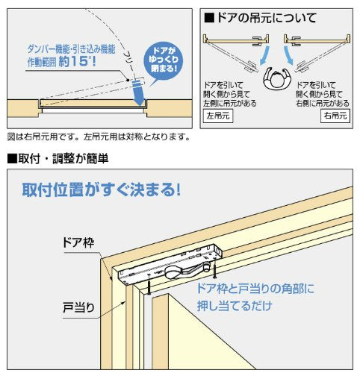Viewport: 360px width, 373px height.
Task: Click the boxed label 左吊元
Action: [x=218, y=116]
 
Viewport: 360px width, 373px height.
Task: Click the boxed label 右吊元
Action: [x=335, y=116]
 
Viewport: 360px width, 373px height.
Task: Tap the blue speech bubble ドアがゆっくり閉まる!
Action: [x=164, y=60]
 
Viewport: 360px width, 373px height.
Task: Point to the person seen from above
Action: [x=277, y=78]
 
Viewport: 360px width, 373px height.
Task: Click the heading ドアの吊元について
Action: [x=260, y=18]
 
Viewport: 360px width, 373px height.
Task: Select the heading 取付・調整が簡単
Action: [x=58, y=158]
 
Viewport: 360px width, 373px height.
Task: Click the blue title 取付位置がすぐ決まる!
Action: [x=101, y=190]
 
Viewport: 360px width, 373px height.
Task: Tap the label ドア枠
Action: [x=78, y=242]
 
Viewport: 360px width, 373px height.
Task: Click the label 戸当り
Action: [x=78, y=307]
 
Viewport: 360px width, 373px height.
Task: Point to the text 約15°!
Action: [x=78, y=62]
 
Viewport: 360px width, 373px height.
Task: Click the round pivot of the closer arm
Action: [x=172, y=272]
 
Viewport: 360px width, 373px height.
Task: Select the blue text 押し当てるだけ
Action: [x=235, y=305]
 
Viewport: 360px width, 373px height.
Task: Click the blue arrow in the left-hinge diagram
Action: [x=264, y=55]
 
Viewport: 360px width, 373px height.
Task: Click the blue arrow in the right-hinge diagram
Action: [x=288, y=55]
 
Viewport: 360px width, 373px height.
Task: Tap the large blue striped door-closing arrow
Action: [x=137, y=93]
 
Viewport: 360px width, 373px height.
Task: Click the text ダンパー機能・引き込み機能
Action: [x=71, y=49]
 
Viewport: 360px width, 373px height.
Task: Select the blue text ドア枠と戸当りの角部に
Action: [x=255, y=289]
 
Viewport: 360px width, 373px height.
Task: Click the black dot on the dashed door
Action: [x=128, y=80]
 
